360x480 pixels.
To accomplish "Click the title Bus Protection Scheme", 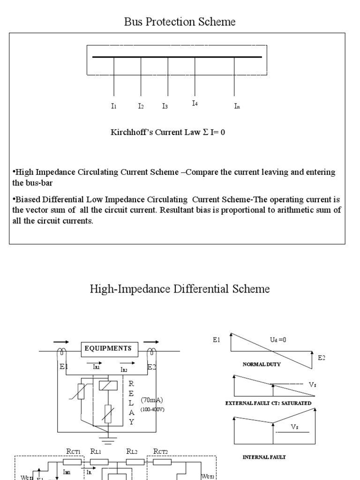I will [180, 22].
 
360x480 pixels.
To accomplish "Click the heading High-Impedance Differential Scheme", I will [180, 289].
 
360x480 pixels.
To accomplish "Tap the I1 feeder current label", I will [113, 106].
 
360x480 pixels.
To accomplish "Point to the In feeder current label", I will [237, 106].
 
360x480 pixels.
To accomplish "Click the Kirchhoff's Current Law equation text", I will [167, 132].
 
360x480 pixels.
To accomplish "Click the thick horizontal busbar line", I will [177, 57].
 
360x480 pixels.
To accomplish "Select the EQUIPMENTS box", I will [111, 348].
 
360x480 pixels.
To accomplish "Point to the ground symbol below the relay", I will [109, 440].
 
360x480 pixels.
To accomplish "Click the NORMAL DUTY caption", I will [262, 364].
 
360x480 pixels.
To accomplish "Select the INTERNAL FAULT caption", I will [263, 457].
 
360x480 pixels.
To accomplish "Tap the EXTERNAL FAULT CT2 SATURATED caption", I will [268, 403].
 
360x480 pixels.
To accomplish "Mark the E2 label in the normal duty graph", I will [321, 358].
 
